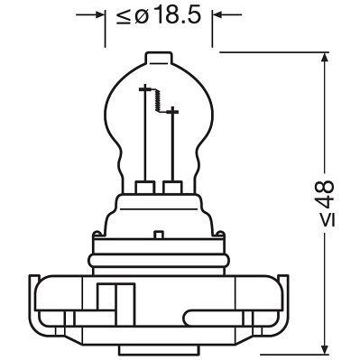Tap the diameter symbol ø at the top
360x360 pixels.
(x=147, y=15)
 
